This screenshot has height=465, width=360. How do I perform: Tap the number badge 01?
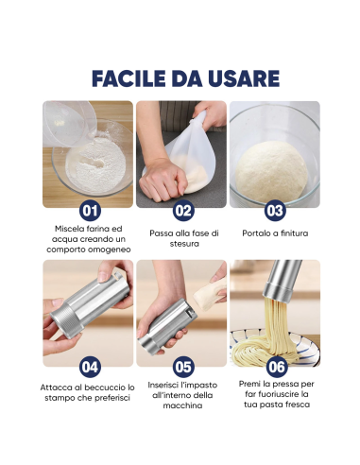point(89,210)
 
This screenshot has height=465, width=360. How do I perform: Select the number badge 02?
point(182,210)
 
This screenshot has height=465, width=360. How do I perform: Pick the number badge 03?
point(275,210)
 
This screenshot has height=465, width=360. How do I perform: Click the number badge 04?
point(89,366)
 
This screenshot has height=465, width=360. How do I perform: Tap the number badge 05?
point(182,366)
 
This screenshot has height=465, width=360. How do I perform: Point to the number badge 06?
point(275,366)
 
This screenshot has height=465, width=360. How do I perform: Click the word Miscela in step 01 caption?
point(68,230)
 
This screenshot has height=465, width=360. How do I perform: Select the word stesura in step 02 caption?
point(182,245)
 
